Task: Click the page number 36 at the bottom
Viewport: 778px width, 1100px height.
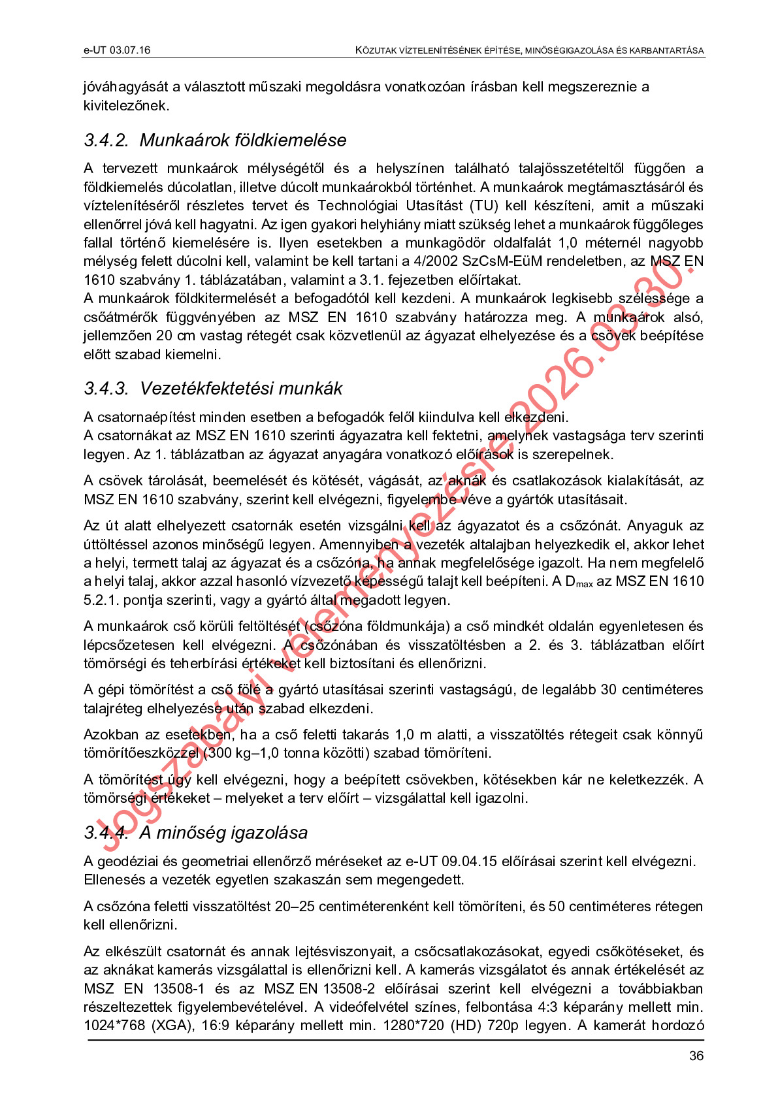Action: (x=696, y=1056)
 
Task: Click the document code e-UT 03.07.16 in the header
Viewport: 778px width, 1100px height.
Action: (x=117, y=50)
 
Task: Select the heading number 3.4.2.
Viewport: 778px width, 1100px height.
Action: (x=106, y=140)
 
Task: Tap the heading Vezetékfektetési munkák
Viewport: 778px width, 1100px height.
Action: (x=241, y=389)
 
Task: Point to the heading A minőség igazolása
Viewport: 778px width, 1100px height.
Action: (x=223, y=833)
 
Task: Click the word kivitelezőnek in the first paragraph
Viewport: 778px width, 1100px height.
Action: (x=126, y=106)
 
